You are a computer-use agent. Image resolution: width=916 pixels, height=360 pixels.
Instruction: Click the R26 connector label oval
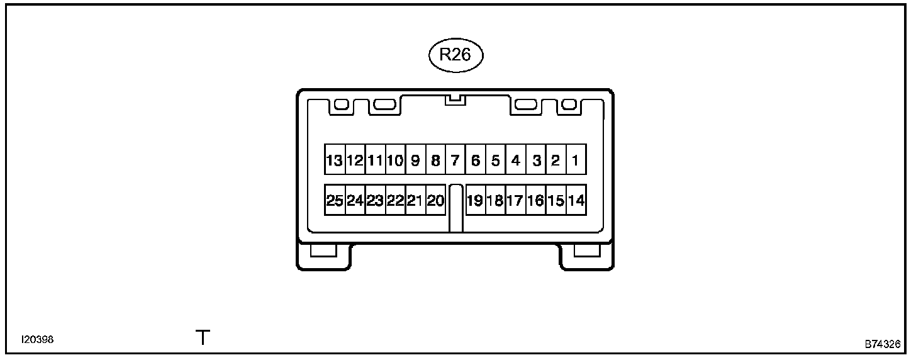(455, 55)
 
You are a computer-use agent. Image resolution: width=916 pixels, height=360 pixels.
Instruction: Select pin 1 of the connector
(576, 160)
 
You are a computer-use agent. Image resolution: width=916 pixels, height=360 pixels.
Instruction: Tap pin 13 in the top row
(334, 160)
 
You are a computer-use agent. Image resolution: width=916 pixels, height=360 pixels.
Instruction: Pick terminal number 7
(455, 160)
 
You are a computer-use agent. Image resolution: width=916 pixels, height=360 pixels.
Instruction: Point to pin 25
(335, 201)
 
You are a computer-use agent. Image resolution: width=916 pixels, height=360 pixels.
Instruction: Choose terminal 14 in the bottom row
(576, 201)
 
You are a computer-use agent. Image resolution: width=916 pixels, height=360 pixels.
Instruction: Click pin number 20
(435, 201)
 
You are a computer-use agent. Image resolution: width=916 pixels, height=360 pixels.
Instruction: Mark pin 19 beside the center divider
(475, 201)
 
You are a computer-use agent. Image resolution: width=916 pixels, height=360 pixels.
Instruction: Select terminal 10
(395, 160)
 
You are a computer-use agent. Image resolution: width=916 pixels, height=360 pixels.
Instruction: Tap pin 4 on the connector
(515, 160)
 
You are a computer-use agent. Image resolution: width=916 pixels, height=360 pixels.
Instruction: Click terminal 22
(395, 201)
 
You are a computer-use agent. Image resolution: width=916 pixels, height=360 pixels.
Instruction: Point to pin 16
(536, 201)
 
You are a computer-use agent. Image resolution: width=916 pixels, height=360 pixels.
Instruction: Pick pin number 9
(415, 160)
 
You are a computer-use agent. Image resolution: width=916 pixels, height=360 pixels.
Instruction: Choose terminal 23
(375, 201)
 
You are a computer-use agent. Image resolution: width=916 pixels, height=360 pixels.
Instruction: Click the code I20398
(37, 340)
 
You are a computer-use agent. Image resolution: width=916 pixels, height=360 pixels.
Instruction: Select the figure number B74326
(882, 345)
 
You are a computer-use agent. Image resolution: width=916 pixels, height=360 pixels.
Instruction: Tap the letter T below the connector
(203, 339)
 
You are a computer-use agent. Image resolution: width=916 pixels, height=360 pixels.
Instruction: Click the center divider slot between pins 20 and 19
(456, 208)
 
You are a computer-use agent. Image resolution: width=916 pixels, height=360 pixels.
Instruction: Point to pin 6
(476, 160)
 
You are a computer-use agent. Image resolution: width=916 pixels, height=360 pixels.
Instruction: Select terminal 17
(515, 201)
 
